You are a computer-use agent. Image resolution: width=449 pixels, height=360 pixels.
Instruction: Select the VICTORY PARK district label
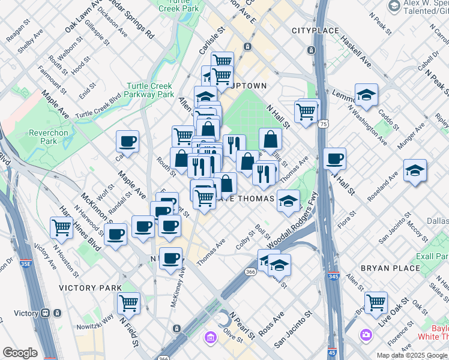click(x=90, y=288)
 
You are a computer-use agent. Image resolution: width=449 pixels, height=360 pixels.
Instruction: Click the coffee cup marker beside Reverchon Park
click(x=128, y=142)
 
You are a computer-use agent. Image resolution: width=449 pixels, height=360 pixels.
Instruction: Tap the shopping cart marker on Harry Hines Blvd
click(x=62, y=227)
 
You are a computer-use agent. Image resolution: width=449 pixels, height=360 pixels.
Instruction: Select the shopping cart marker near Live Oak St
click(x=376, y=302)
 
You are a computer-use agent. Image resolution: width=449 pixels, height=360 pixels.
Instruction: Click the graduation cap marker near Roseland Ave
click(x=415, y=170)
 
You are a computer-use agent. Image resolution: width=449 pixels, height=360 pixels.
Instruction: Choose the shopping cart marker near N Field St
click(x=128, y=303)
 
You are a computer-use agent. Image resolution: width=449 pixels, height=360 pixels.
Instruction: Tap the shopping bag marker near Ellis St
click(x=270, y=139)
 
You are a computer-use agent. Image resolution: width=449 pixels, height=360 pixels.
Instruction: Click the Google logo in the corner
click(x=20, y=353)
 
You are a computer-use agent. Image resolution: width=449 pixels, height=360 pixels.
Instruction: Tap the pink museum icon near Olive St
click(x=211, y=338)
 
